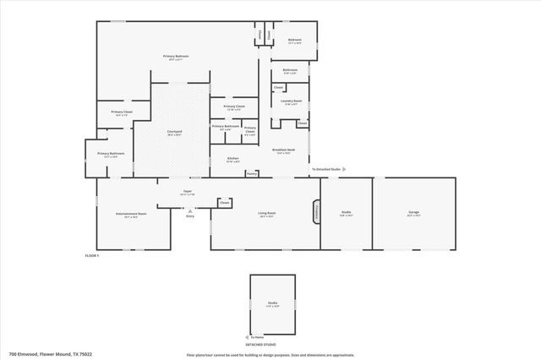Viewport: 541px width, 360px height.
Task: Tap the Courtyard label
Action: pyautogui.click(x=174, y=133)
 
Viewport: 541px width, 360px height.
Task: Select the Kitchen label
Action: pyautogui.click(x=233, y=160)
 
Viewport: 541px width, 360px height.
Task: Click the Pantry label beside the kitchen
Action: pyautogui.click(x=251, y=173)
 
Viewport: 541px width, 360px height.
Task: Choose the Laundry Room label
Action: pyautogui.click(x=292, y=102)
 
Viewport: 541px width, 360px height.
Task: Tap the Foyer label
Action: pyautogui.click(x=188, y=193)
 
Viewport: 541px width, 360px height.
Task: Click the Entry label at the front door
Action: pyautogui.click(x=190, y=216)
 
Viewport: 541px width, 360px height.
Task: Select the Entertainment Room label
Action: pyautogui.click(x=131, y=215)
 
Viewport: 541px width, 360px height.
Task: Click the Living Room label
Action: pyautogui.click(x=267, y=214)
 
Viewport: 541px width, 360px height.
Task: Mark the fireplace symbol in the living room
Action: pyautogui.click(x=317, y=212)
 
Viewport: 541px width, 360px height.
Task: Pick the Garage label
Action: pyautogui.click(x=413, y=214)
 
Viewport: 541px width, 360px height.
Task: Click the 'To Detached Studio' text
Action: pyautogui.click(x=326, y=169)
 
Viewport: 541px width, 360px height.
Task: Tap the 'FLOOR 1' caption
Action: pyautogui.click(x=92, y=255)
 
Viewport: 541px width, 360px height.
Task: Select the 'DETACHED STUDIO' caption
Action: pyautogui.click(x=261, y=345)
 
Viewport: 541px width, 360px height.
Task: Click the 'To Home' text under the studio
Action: pyautogui.click(x=257, y=336)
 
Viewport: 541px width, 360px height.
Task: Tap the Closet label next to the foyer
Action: pyautogui.click(x=225, y=203)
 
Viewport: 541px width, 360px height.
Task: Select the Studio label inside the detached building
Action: pyautogui.click(x=272, y=303)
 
